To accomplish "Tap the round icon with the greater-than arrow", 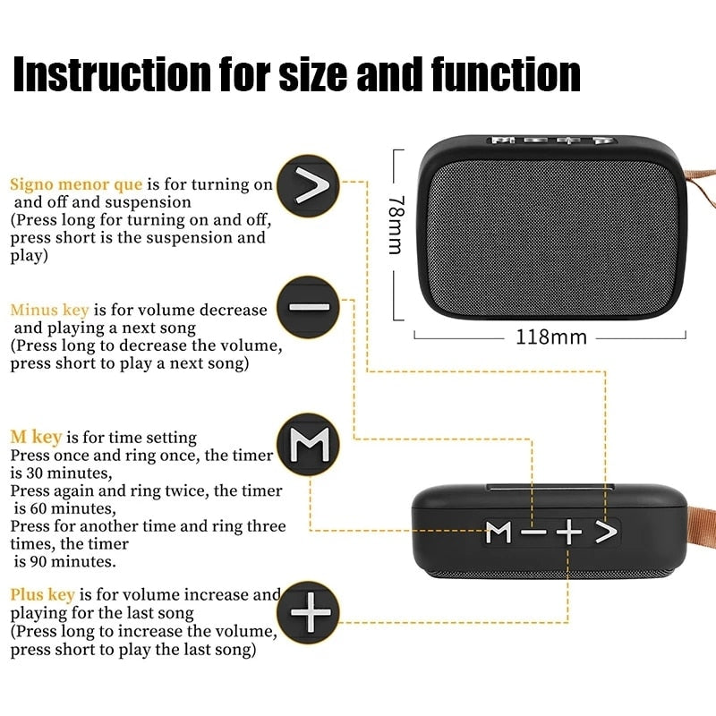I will pos(308,187).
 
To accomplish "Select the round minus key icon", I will pos(308,307).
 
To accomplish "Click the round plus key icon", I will pos(308,613).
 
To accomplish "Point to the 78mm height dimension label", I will pos(395,226).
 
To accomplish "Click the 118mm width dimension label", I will pos(551,337).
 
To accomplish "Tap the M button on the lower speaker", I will pos(499,533).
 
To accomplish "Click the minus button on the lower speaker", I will pos(533,533).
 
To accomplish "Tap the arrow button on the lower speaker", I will pos(607,533).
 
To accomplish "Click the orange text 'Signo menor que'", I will pos(76,184).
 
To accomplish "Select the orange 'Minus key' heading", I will pos(49,310).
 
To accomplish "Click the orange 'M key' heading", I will pos(36,437).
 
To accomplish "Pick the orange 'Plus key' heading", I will pos(42,594).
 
